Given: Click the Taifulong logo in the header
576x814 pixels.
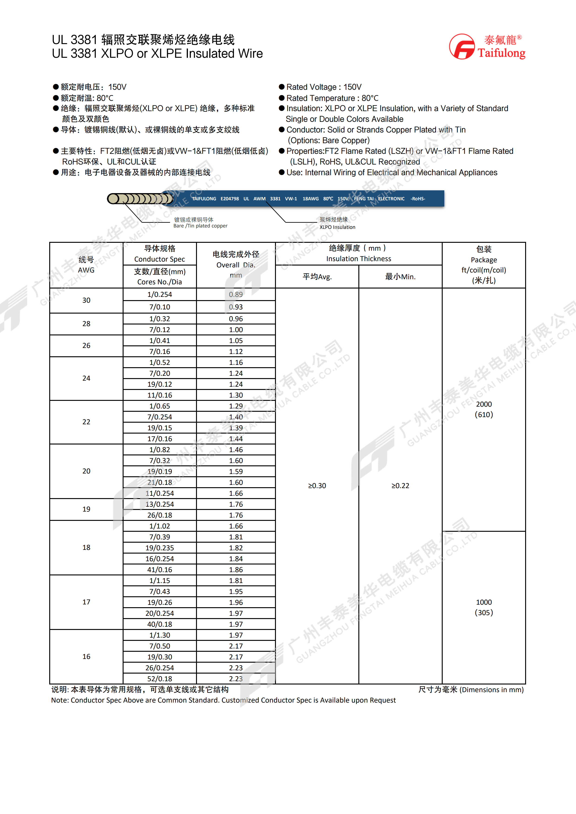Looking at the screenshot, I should tap(487, 46).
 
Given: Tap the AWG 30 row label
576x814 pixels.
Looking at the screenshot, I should tap(86, 300).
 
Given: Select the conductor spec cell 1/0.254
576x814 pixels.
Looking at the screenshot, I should tap(160, 295).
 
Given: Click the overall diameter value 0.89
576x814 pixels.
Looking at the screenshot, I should tap(236, 295).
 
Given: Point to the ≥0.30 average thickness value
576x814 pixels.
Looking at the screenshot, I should tap(317, 486).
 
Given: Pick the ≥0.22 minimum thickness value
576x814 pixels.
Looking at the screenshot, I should tap(400, 486).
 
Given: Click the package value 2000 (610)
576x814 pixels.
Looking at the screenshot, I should tap(484, 409).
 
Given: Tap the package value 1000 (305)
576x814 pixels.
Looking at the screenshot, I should tap(484, 607).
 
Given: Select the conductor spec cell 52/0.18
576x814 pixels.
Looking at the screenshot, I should tap(160, 679).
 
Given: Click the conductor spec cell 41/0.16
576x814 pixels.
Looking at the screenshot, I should tap(160, 570).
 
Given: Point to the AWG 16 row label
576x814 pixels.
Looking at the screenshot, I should tap(86, 657).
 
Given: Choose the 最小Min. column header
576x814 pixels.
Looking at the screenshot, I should tap(400, 276).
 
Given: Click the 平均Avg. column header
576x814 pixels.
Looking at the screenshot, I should tap(317, 276).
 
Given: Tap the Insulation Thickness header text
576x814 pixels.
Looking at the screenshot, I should tap(359, 259).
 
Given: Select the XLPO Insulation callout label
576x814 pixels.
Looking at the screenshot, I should tap(337, 227).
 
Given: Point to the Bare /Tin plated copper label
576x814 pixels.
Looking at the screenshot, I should tap(200, 226).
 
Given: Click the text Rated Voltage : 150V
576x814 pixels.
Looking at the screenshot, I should tap(324, 87).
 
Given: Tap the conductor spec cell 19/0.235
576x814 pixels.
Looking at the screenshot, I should tap(160, 548).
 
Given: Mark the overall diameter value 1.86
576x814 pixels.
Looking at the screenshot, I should tap(236, 570).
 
